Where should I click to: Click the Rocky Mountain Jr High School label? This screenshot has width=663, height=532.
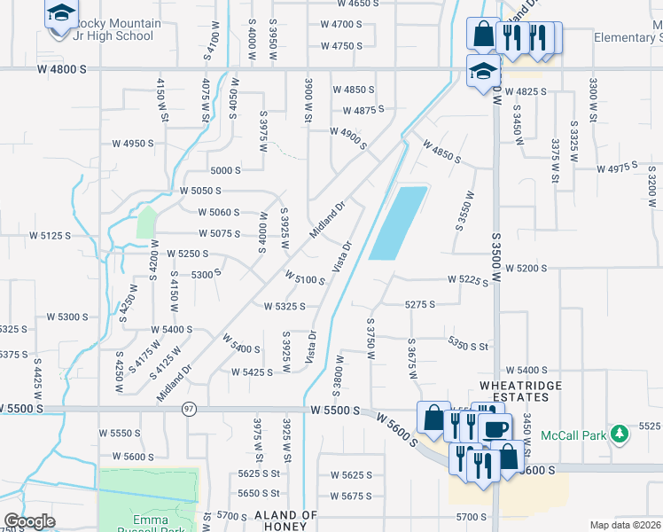[117, 29]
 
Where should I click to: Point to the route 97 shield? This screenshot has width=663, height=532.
[189, 409]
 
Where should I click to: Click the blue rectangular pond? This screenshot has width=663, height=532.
[397, 223]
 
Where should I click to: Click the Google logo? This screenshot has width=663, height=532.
[30, 521]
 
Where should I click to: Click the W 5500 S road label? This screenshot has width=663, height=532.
[336, 411]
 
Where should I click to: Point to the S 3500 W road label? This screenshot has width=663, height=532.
[496, 239]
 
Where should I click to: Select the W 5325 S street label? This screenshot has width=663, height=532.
[285, 307]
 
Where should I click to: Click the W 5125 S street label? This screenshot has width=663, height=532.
[49, 236]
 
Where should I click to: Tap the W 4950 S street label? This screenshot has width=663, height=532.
[134, 143]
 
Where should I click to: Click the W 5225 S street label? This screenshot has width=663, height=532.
[469, 280]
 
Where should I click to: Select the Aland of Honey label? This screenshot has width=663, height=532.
[285, 520]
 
